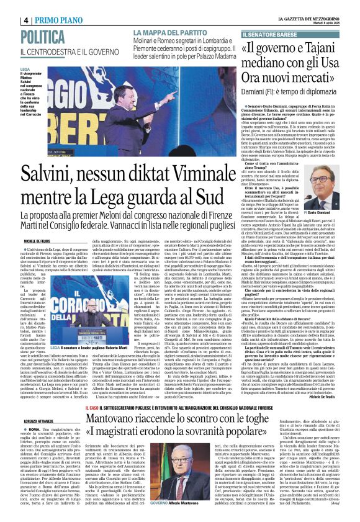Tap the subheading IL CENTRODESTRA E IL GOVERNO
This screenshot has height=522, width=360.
click(71, 50)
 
